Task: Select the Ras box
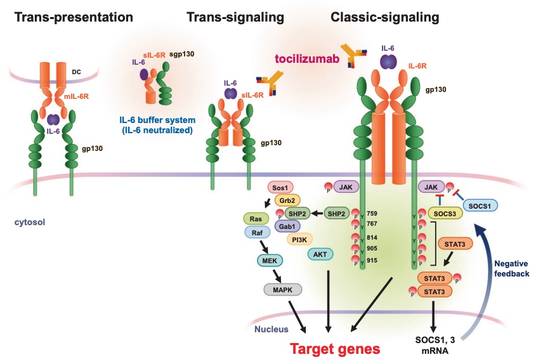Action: pos(256,218)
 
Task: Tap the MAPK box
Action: pos(283,289)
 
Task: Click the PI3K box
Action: pos(301,239)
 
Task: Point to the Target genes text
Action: pos(336,348)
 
